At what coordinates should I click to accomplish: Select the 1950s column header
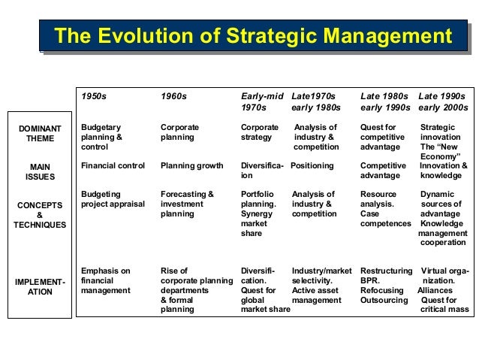tap(95, 96)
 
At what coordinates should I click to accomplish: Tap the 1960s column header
tap(174, 96)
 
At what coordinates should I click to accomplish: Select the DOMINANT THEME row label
tap(40, 134)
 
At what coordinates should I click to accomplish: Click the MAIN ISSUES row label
tap(40, 171)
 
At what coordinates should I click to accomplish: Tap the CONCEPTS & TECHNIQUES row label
tap(40, 214)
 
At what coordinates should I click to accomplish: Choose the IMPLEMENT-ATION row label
tap(40, 286)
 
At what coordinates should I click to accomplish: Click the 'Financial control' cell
tap(113, 165)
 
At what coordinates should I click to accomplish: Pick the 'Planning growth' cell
tap(188, 165)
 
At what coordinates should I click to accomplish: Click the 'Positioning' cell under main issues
tap(312, 165)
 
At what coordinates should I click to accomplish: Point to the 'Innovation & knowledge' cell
tap(443, 171)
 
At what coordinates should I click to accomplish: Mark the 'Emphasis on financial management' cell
tap(106, 280)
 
